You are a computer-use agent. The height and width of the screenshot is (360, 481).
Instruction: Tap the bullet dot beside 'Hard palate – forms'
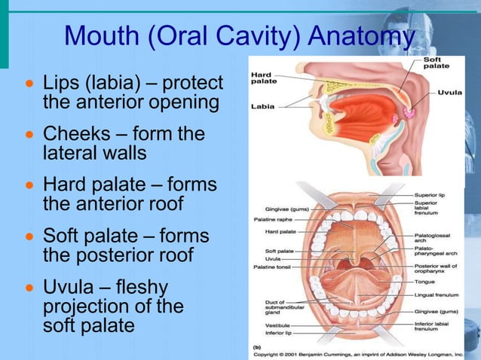[29, 185]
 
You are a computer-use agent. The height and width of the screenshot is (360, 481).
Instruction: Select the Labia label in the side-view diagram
[262, 106]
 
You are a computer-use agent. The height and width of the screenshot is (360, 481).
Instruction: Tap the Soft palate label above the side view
[436, 63]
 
